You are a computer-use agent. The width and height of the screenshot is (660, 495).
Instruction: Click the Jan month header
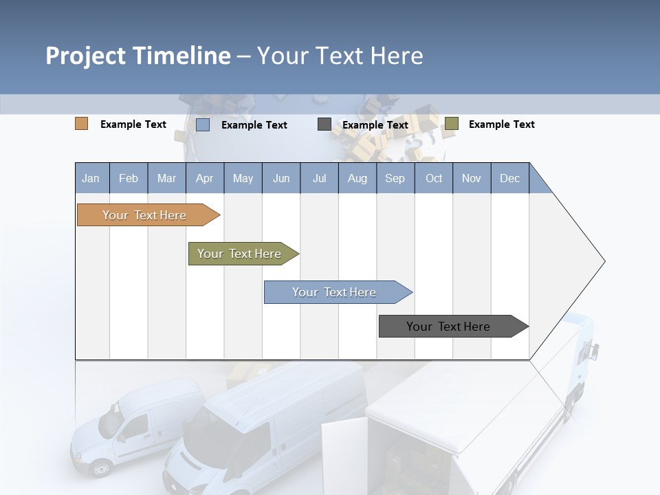click(91, 178)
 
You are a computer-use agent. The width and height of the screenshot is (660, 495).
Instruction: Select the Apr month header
click(205, 178)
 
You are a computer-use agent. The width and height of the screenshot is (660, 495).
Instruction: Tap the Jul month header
click(319, 178)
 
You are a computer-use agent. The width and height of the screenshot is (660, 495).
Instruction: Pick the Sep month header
click(395, 178)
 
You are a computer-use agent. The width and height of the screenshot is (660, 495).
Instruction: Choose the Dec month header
click(509, 178)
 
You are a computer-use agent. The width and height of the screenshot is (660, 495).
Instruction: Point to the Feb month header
click(129, 178)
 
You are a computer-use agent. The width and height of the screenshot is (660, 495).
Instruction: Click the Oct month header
click(434, 178)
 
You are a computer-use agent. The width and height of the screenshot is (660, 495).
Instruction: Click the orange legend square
click(81, 124)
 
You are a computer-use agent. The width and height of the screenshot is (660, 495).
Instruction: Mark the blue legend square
click(202, 124)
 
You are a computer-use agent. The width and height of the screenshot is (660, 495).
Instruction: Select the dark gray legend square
click(324, 124)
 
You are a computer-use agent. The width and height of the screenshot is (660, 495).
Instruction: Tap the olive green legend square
click(451, 124)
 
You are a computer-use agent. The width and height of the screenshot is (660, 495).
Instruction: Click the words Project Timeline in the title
click(137, 56)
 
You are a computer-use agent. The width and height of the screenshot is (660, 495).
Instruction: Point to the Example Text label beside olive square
click(501, 124)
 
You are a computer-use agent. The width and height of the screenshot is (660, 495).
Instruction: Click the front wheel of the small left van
click(100, 468)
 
